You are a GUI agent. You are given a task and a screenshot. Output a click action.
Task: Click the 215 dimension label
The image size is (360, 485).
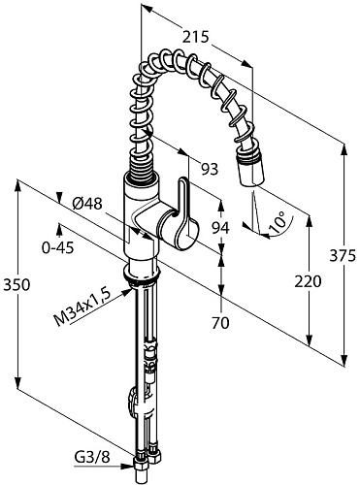pos(196,38)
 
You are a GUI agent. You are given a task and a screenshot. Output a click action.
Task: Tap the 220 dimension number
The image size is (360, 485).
pos(308,281)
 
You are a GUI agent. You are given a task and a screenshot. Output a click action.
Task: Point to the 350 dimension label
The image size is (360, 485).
pos(16,285)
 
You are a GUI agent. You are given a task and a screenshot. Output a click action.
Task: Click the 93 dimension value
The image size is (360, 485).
pos(210,169)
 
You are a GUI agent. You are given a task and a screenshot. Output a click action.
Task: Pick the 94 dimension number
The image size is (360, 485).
pos(220,228)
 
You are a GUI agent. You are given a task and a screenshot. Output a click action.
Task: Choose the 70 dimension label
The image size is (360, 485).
pos(220,322)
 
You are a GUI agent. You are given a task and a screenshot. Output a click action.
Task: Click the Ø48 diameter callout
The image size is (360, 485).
pos(87,204)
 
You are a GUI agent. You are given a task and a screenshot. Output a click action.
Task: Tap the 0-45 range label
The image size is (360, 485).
pos(58,247)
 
